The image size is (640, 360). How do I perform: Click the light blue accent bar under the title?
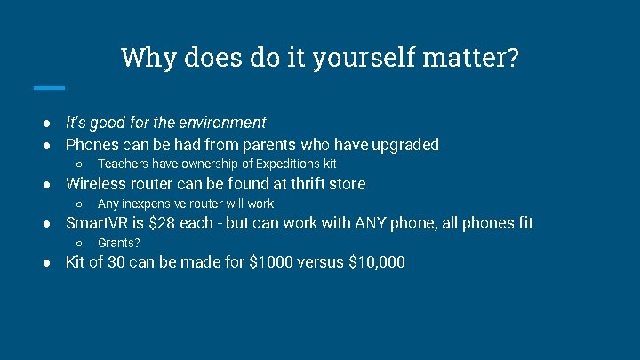coord(49,87)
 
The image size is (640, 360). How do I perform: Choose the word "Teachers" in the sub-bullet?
coord(124,164)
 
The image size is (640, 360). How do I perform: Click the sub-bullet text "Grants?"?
coord(119,243)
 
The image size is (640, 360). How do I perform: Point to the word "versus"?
coord(323,263)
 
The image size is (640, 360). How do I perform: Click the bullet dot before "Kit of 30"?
coord(52,263)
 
